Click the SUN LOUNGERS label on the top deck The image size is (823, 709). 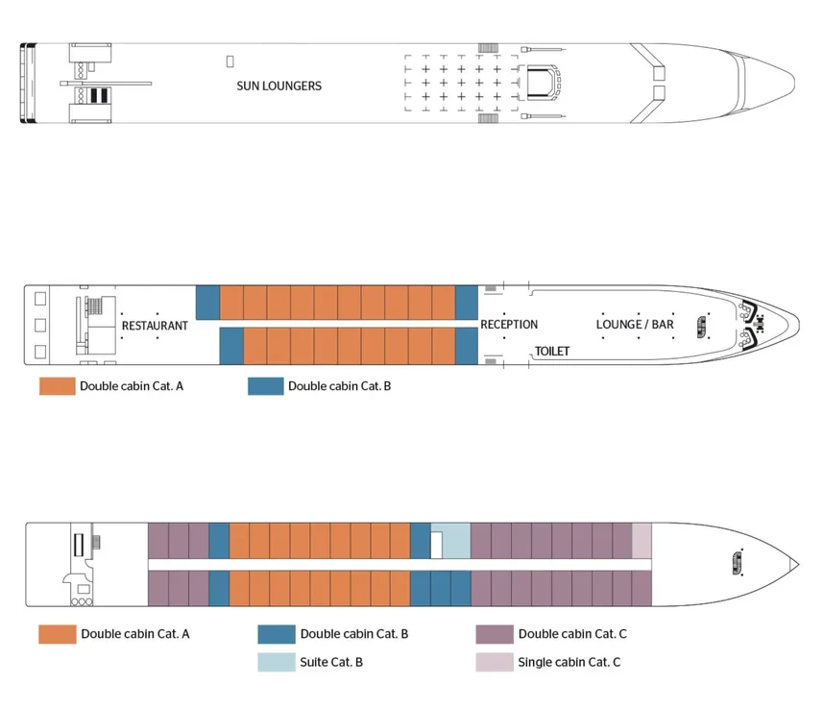(278, 86)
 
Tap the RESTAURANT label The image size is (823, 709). (155, 326)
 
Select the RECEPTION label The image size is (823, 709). (509, 325)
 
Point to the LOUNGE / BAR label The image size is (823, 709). (635, 325)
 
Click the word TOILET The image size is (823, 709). (552, 352)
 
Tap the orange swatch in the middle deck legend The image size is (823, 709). (57, 386)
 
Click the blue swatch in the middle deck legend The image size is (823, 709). (265, 386)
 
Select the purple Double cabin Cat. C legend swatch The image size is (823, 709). (494, 634)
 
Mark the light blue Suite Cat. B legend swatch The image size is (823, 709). (276, 662)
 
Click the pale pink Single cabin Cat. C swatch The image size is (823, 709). (494, 662)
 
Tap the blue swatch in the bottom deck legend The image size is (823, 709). (276, 634)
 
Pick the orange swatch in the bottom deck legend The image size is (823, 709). (57, 634)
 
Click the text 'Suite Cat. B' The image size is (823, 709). (331, 662)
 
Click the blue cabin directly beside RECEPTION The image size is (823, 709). (466, 302)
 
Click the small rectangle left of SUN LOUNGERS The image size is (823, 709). (230, 61)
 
